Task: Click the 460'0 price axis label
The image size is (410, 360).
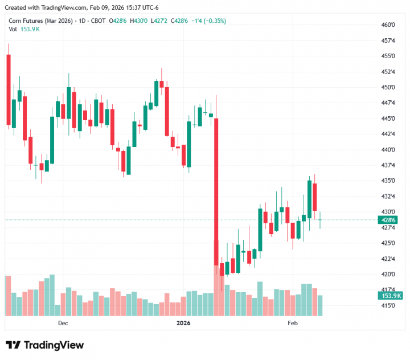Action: tap(388, 25)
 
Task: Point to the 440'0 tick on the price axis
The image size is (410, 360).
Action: tap(388, 149)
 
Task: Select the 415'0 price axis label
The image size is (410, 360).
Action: tap(388, 305)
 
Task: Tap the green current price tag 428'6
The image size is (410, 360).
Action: tap(388, 219)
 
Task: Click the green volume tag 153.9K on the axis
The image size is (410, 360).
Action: tap(390, 296)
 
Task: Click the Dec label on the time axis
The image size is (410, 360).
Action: tap(63, 323)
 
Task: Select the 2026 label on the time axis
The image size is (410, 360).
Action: tap(184, 323)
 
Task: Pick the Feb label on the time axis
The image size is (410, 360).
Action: tap(293, 323)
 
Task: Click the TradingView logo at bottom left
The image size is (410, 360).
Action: tap(44, 345)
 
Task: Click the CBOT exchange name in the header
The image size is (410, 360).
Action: tap(99, 21)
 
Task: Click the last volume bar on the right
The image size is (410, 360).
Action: tap(320, 305)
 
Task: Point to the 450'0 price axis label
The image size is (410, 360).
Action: tap(388, 87)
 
